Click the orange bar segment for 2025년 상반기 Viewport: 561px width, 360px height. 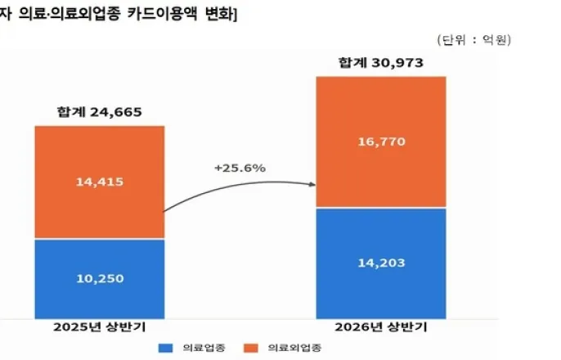[x=100, y=182]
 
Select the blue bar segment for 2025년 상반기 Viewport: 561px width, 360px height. [x=100, y=279]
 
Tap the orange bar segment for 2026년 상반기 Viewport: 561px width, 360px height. [x=381, y=142]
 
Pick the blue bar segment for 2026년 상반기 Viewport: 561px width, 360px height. [x=381, y=263]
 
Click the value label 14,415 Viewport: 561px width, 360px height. [x=100, y=182]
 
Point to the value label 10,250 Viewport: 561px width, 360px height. [x=100, y=279]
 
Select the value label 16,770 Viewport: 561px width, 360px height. [x=382, y=142]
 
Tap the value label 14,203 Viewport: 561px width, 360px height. [x=382, y=263]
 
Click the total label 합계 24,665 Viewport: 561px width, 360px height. [x=100, y=112]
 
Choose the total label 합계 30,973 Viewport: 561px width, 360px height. [x=381, y=63]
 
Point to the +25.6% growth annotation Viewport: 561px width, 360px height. [x=240, y=168]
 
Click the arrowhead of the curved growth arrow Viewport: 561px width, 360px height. [x=312, y=184]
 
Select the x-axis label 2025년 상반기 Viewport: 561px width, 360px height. [x=100, y=327]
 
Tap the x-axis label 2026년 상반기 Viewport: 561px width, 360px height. [x=381, y=327]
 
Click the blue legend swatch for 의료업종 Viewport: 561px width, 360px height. [x=166, y=348]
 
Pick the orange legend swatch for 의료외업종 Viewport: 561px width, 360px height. [x=251, y=348]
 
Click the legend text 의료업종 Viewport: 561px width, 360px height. [x=204, y=348]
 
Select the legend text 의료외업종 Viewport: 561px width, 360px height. [x=294, y=348]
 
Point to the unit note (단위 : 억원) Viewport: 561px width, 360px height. [x=474, y=39]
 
